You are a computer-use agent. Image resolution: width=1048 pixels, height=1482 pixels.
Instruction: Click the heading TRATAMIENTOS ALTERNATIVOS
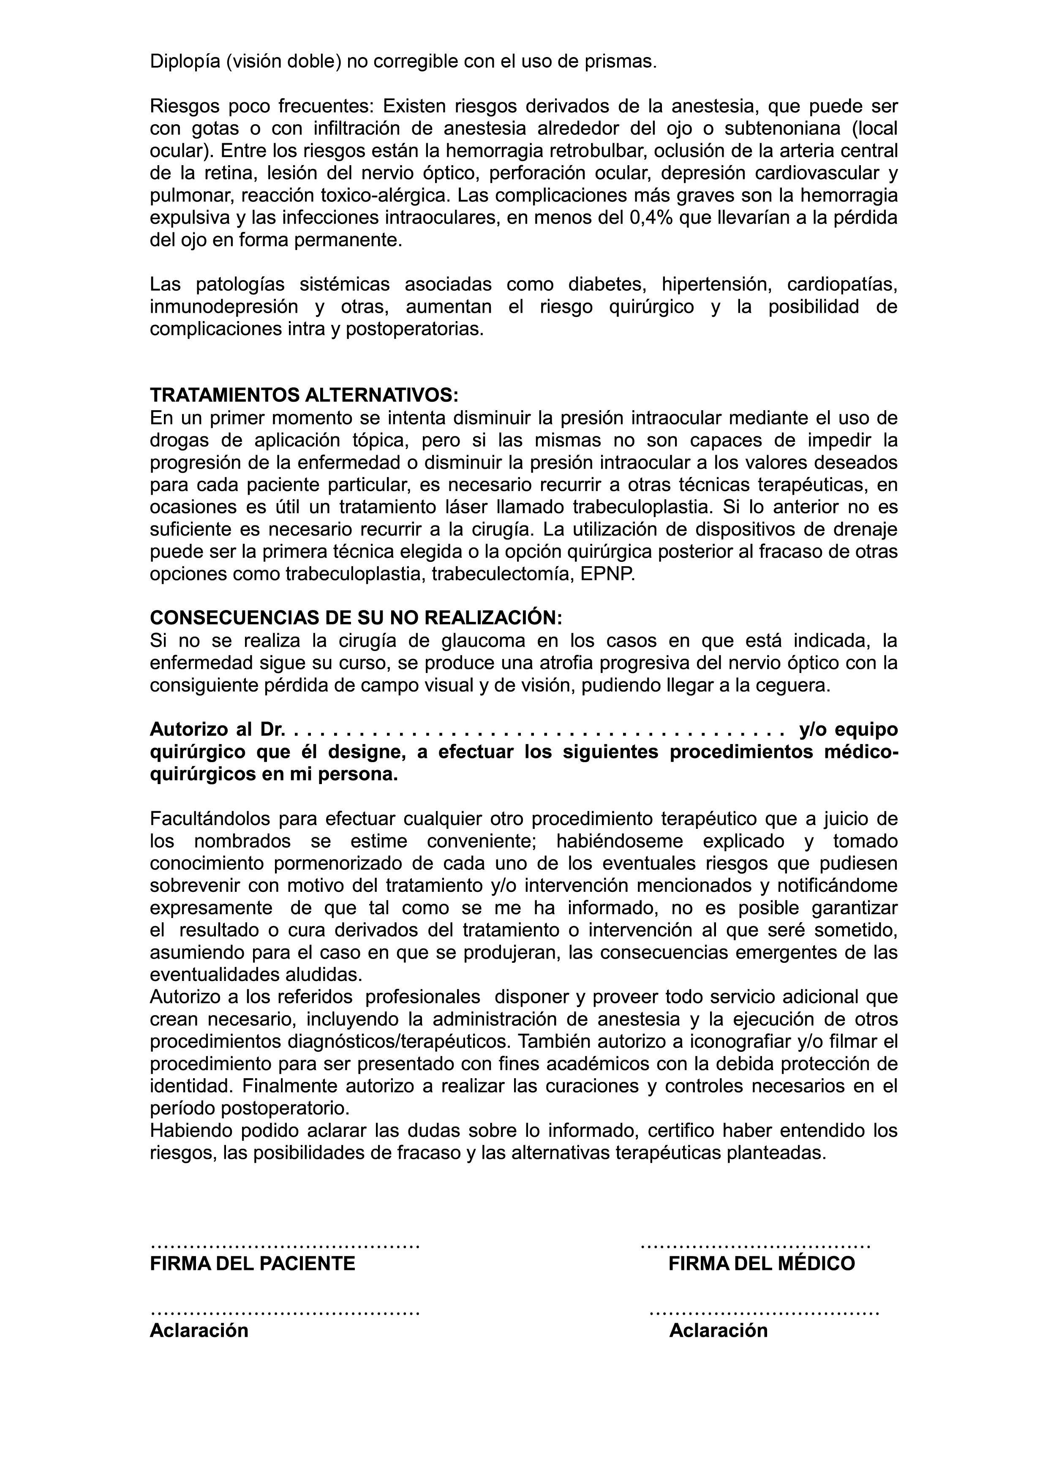pos(304,395)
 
